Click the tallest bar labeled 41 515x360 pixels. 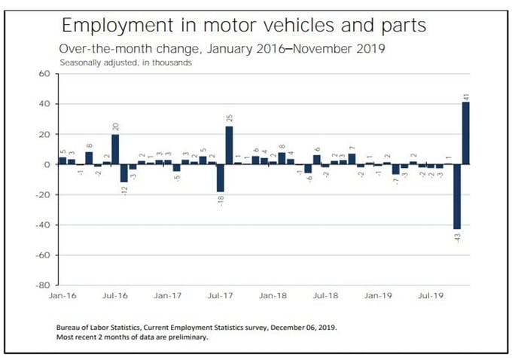coord(465,133)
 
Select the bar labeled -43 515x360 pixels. coord(456,196)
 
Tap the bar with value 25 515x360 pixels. coord(229,145)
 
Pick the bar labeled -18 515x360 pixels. coord(221,178)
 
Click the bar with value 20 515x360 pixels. coord(115,149)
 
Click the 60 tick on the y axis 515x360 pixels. coord(43,74)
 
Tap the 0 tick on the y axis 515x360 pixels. coord(46,164)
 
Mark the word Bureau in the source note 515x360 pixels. coord(70,328)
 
